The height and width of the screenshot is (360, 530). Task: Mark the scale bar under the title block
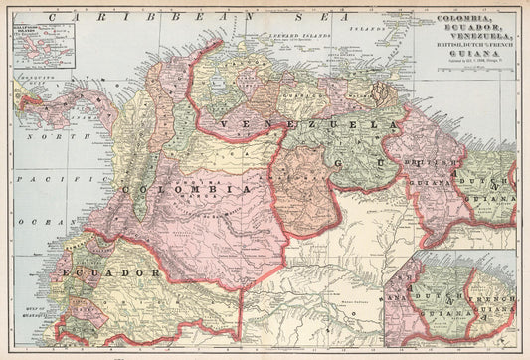tap(474, 76)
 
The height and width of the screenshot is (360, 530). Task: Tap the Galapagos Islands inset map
tap(41, 49)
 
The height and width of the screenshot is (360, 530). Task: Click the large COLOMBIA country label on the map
tap(185, 189)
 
